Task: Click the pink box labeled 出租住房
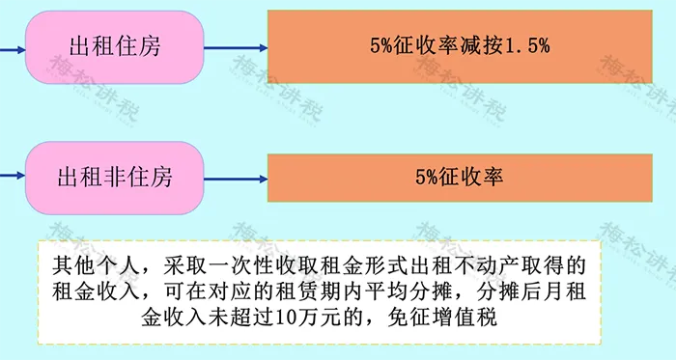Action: (x=114, y=47)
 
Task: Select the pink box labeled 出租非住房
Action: (x=114, y=178)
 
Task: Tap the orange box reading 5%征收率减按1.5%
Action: (x=460, y=46)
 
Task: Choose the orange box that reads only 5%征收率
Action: (x=460, y=178)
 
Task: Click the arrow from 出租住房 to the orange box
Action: (x=236, y=48)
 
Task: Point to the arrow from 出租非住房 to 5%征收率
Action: (x=236, y=179)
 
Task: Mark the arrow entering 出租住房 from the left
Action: (x=13, y=50)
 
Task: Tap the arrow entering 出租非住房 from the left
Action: (x=13, y=176)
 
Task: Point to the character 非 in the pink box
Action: (x=114, y=177)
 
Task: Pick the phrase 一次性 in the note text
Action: (x=246, y=265)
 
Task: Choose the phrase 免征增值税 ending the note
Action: (x=442, y=318)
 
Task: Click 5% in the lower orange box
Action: (x=427, y=177)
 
